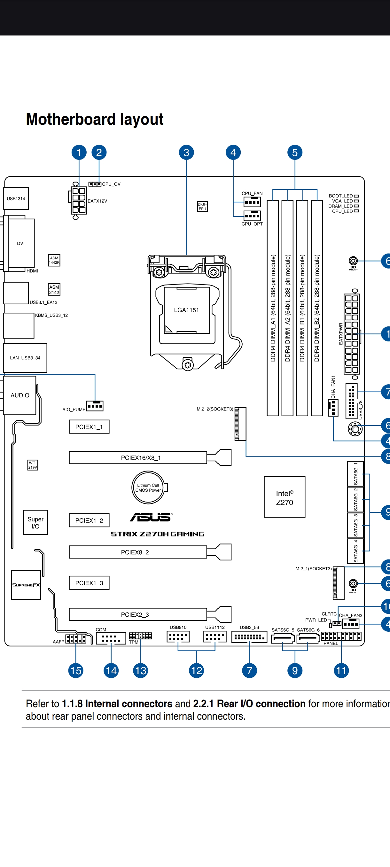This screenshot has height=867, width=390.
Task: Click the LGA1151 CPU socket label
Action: (186, 310)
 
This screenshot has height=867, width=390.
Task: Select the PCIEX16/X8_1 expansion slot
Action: (138, 458)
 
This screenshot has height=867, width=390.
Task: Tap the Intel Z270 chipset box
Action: (284, 497)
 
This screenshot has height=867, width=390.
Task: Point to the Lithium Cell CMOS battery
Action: (148, 487)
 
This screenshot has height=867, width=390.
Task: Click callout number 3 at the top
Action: (186, 152)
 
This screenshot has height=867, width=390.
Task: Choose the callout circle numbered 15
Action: (76, 670)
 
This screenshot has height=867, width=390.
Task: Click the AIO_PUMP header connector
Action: (95, 406)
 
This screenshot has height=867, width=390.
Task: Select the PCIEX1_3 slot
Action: (89, 583)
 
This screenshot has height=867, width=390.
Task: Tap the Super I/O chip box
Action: (35, 523)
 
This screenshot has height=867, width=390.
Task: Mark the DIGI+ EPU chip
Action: (202, 206)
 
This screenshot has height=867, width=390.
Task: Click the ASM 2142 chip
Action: (54, 289)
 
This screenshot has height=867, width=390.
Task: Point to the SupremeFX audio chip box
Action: (26, 585)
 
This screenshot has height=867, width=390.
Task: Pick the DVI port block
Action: (21, 243)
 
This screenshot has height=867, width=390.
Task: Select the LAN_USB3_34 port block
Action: (25, 358)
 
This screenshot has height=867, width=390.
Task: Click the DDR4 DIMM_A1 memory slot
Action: (273, 308)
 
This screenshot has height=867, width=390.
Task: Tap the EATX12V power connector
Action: (79, 200)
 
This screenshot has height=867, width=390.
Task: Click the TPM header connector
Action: (140, 636)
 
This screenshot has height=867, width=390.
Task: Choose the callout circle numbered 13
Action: (141, 670)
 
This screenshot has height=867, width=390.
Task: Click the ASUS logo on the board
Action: (151, 517)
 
